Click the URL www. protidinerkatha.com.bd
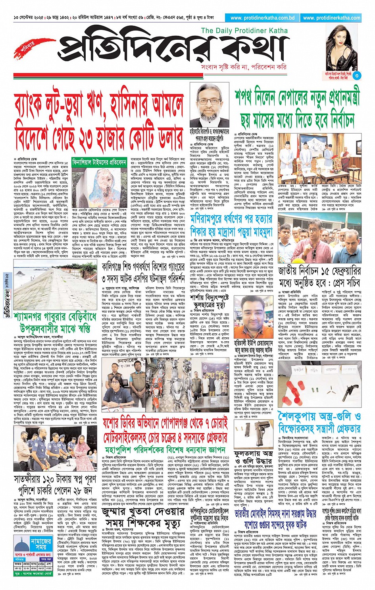[x=262, y=18]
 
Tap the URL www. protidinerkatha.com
[x=331, y=18]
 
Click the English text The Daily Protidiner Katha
[x=244, y=31]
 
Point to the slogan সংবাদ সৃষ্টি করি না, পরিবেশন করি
[x=244, y=67]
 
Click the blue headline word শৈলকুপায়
[x=304, y=417]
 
